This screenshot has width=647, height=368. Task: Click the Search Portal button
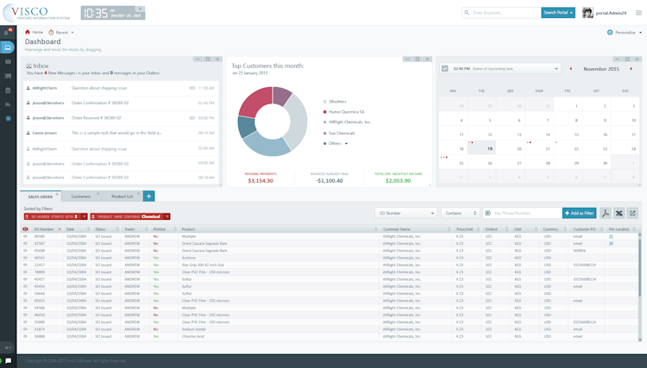click(x=558, y=13)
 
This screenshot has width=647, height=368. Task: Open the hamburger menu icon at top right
click(x=638, y=13)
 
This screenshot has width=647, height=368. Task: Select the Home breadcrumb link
click(x=35, y=33)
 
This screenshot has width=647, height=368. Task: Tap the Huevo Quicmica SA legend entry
click(x=346, y=111)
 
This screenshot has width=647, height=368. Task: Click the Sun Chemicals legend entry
click(x=341, y=133)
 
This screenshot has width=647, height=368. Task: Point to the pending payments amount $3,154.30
click(x=260, y=181)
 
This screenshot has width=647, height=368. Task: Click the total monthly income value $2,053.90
click(x=398, y=181)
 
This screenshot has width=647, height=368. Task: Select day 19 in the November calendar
click(x=490, y=149)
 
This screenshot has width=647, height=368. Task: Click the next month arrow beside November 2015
click(x=632, y=69)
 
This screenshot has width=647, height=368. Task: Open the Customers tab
click(x=81, y=196)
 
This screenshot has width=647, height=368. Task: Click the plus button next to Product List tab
click(x=148, y=196)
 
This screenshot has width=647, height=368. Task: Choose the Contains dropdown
click(x=460, y=213)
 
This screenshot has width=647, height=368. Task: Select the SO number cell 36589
click(x=40, y=236)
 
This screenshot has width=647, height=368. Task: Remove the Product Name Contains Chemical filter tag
click(x=167, y=217)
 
